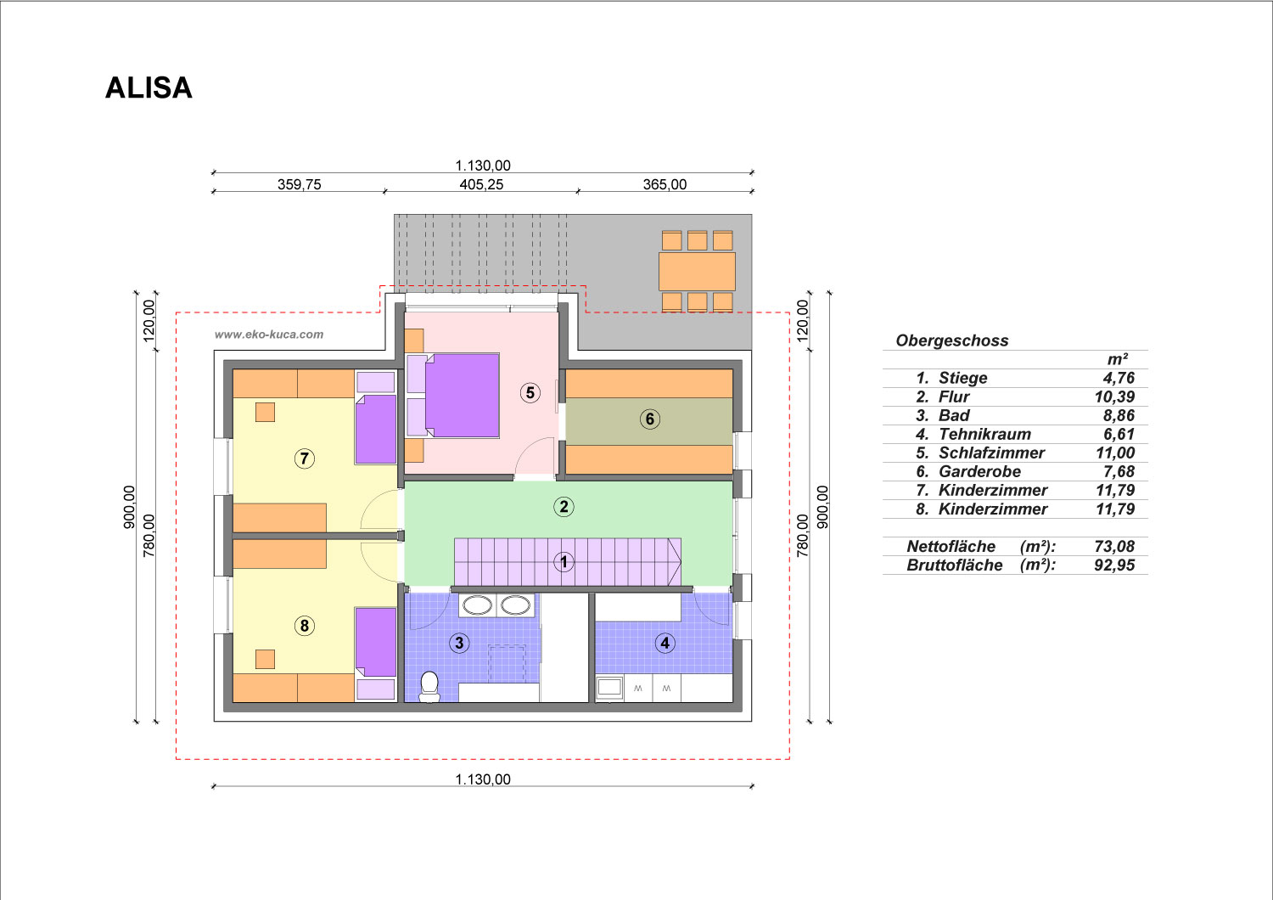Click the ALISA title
(149, 88)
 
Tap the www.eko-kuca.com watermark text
(269, 335)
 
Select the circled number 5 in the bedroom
(530, 393)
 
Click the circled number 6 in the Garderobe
(649, 419)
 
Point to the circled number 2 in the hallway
(564, 507)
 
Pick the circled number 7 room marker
(305, 458)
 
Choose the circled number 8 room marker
(305, 626)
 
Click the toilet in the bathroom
(429, 687)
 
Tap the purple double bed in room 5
(462, 395)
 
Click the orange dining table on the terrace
(697, 271)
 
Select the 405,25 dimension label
(481, 184)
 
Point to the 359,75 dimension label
(299, 184)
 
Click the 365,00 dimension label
(665, 184)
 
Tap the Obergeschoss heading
(952, 340)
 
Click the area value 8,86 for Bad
(1119, 415)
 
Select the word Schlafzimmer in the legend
(991, 453)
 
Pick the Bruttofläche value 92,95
(1113, 565)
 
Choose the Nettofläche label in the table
(951, 546)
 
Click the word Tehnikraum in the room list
(984, 435)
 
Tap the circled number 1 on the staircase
(564, 562)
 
